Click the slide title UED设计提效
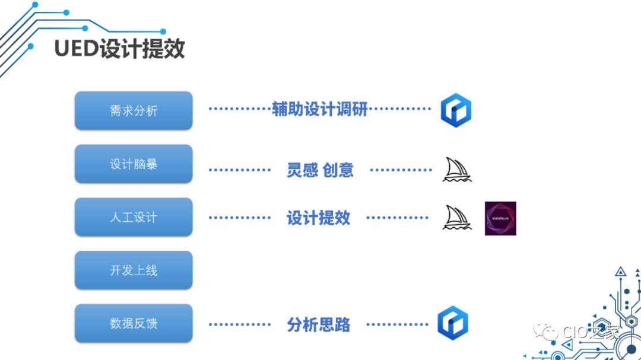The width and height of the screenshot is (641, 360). click(x=119, y=49)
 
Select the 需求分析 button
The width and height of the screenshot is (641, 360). click(x=134, y=110)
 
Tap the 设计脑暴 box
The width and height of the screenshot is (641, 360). click(x=134, y=164)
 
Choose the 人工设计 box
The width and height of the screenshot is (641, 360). click(x=134, y=217)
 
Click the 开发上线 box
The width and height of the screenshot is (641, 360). click(x=134, y=270)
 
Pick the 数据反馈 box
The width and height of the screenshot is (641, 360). click(x=134, y=323)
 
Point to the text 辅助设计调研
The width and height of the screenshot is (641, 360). click(x=320, y=109)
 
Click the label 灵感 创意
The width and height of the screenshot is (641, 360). click(x=320, y=170)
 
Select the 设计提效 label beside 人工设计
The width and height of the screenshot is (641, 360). click(x=319, y=218)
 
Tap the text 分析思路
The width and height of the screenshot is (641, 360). click(x=319, y=325)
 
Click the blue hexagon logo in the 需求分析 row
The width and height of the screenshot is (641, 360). click(x=456, y=110)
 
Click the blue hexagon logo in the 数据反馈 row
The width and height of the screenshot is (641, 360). click(x=453, y=323)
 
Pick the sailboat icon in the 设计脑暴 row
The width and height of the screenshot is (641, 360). click(x=457, y=170)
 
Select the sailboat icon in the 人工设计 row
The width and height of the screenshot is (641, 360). click(x=457, y=218)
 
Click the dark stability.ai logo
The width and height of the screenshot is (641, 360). click(x=500, y=218)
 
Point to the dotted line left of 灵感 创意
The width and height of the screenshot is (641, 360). click(x=240, y=170)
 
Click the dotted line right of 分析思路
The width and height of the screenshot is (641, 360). click(x=397, y=325)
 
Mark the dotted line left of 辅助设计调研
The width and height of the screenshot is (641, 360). click(x=240, y=109)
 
